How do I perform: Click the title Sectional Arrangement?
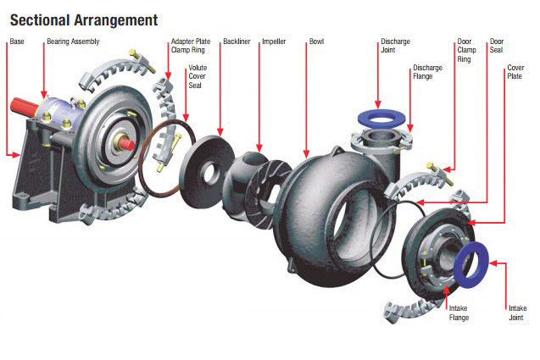point(83,17)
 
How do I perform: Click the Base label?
point(17,41)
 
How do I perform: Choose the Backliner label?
point(235,41)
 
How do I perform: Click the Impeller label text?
point(274,41)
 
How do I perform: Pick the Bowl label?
point(316,41)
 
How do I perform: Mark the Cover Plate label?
point(515,72)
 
